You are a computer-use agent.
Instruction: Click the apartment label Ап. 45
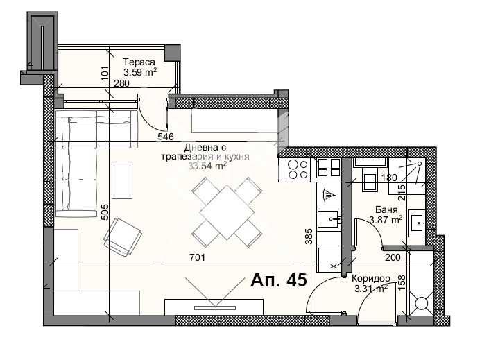279,280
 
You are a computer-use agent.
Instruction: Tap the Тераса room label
140,62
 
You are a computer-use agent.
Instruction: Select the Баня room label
386,209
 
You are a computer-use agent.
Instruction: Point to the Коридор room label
371,279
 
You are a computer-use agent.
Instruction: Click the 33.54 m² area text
208,166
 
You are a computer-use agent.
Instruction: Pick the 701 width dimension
198,257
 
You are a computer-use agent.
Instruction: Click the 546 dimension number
166,136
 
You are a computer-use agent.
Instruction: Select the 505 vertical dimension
105,212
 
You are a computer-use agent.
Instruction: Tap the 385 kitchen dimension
309,236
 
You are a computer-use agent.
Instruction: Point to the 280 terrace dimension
122,83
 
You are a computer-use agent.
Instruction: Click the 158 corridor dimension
402,282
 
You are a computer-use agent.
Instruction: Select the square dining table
227,212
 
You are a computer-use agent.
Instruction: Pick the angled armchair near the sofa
123,236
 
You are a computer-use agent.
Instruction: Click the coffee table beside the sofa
122,180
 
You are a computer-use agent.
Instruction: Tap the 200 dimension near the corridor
393,257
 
